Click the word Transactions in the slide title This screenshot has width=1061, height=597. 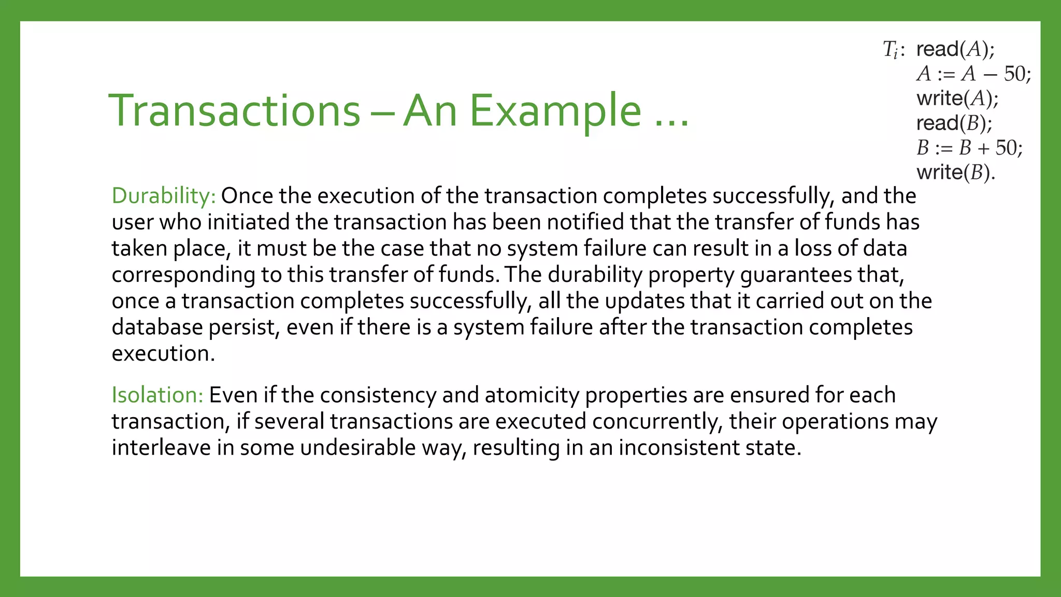234,110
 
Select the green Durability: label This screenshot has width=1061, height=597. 164,196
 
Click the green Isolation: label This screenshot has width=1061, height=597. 157,395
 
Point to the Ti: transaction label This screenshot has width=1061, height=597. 894,50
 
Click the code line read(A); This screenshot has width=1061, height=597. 955,49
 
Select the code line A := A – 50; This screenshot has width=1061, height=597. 973,74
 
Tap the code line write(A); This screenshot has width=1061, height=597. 957,98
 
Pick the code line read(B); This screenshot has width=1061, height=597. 954,123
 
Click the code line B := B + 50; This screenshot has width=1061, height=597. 969,148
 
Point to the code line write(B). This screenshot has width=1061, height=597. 956,173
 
